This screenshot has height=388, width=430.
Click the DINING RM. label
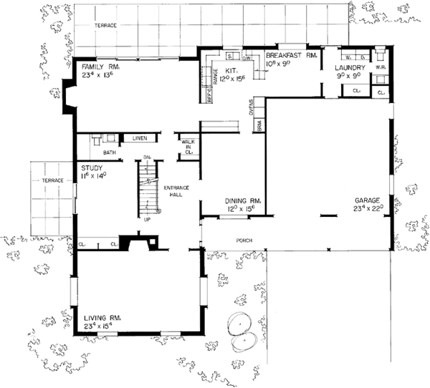coord(240,201)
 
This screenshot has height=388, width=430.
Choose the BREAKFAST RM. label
coord(290,55)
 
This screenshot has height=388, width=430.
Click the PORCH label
coord(247,241)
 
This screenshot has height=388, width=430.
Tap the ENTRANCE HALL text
coord(176,190)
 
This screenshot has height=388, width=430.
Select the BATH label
coord(110,152)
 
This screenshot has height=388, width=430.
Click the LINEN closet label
coord(140,137)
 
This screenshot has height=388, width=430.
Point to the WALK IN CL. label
coord(188,147)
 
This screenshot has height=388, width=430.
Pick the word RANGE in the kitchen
coord(214,74)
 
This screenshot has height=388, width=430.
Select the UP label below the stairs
coord(148,220)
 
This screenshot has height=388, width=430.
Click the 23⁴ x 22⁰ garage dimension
coord(369,209)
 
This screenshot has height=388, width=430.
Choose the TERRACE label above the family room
coord(105,25)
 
